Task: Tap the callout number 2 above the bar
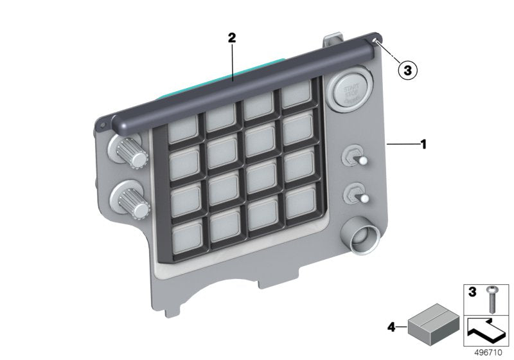(x=232, y=39)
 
